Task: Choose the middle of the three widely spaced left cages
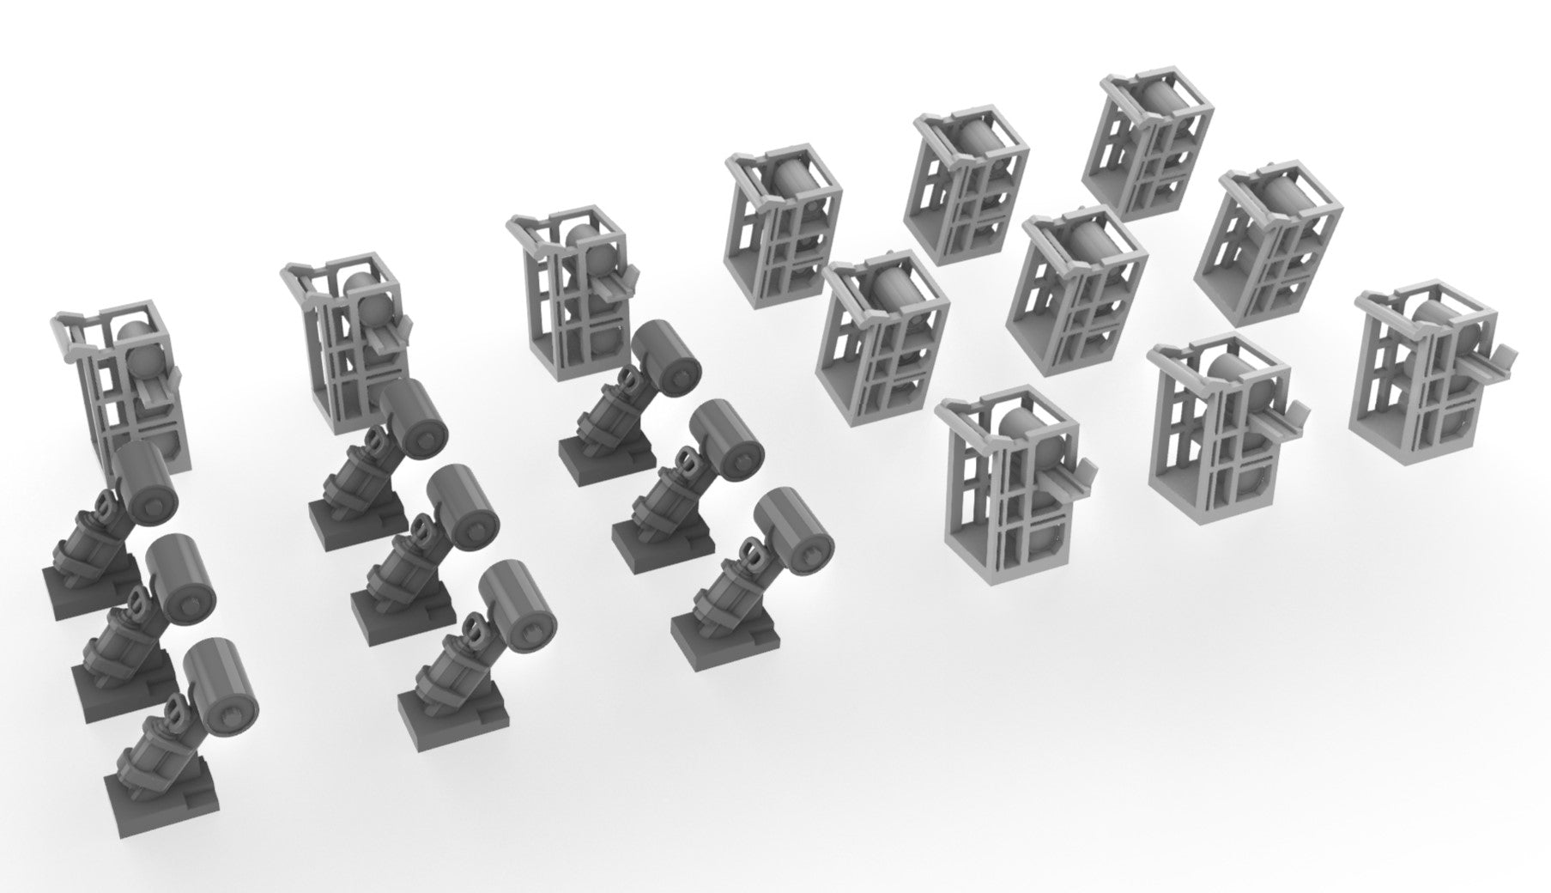click(352, 343)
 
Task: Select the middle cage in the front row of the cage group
click(1219, 429)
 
